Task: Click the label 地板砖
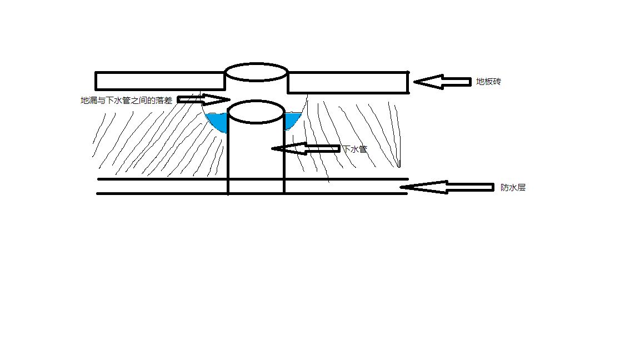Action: pyautogui.click(x=489, y=82)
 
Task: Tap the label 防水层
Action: pyautogui.click(x=513, y=188)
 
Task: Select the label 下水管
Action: pyautogui.click(x=354, y=149)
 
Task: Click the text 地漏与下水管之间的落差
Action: pyautogui.click(x=126, y=101)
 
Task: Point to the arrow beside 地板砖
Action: pyautogui.click(x=442, y=82)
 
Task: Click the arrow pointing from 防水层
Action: pyautogui.click(x=447, y=187)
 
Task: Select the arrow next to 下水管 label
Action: pyautogui.click(x=305, y=148)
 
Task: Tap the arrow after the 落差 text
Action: pyautogui.click(x=203, y=99)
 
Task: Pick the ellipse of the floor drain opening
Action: pyautogui.click(x=256, y=72)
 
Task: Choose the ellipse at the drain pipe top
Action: pyautogui.click(x=256, y=111)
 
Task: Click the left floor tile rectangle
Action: pyautogui.click(x=160, y=81)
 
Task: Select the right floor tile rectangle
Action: pyautogui.click(x=348, y=82)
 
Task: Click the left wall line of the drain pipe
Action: pyautogui.click(x=228, y=161)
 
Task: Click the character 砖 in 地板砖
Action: pyautogui.click(x=498, y=82)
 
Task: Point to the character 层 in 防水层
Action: pyautogui.click(x=521, y=188)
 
